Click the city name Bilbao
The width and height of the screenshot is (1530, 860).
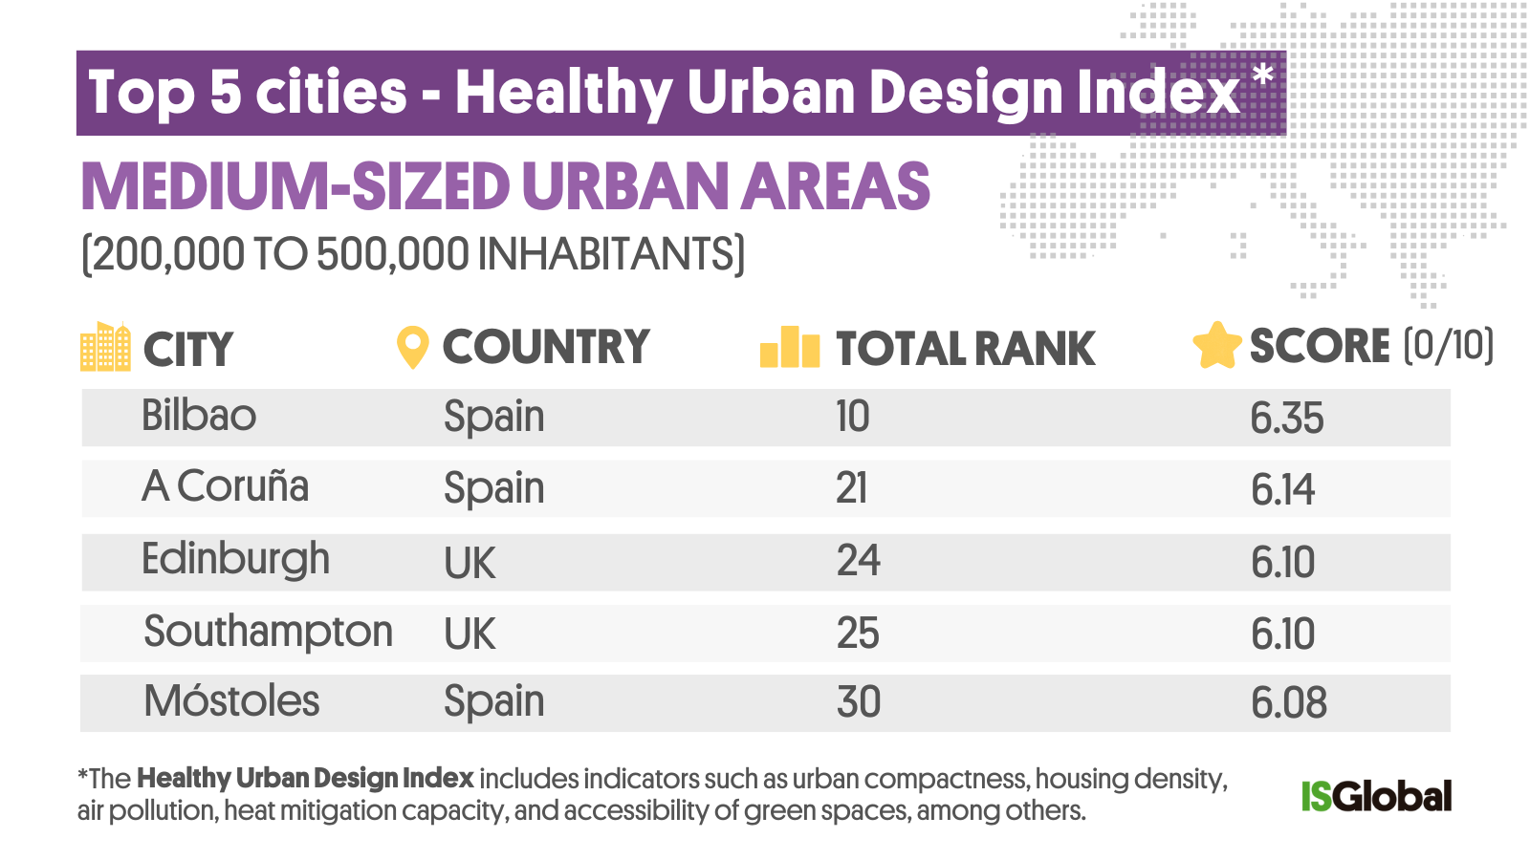click(x=199, y=416)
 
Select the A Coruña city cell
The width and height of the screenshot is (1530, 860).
click(x=225, y=486)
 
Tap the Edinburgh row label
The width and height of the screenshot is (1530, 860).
click(x=235, y=560)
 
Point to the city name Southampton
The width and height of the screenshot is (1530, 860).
click(x=268, y=632)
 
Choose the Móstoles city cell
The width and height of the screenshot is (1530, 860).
click(x=231, y=701)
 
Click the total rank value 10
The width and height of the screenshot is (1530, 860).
click(x=852, y=417)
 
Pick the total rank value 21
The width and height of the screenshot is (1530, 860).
click(x=851, y=488)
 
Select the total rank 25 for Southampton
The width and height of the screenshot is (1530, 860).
click(x=858, y=633)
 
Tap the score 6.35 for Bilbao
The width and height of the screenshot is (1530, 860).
click(x=1286, y=419)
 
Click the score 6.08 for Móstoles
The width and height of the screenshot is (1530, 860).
click(x=1288, y=703)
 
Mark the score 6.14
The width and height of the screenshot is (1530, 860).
click(x=1282, y=489)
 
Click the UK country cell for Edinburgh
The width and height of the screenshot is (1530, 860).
click(x=470, y=563)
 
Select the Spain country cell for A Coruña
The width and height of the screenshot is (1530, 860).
click(x=493, y=488)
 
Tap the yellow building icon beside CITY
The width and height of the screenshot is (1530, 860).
click(x=105, y=346)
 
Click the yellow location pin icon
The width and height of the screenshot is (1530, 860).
click(x=412, y=347)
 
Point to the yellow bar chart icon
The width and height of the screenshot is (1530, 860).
click(x=789, y=347)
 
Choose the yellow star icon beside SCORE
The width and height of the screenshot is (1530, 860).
click(x=1216, y=345)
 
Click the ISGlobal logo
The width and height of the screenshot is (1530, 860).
click(x=1376, y=796)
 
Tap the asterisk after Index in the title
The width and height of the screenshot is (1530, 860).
click(x=1263, y=75)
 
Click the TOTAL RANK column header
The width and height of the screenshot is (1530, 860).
click(x=965, y=349)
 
